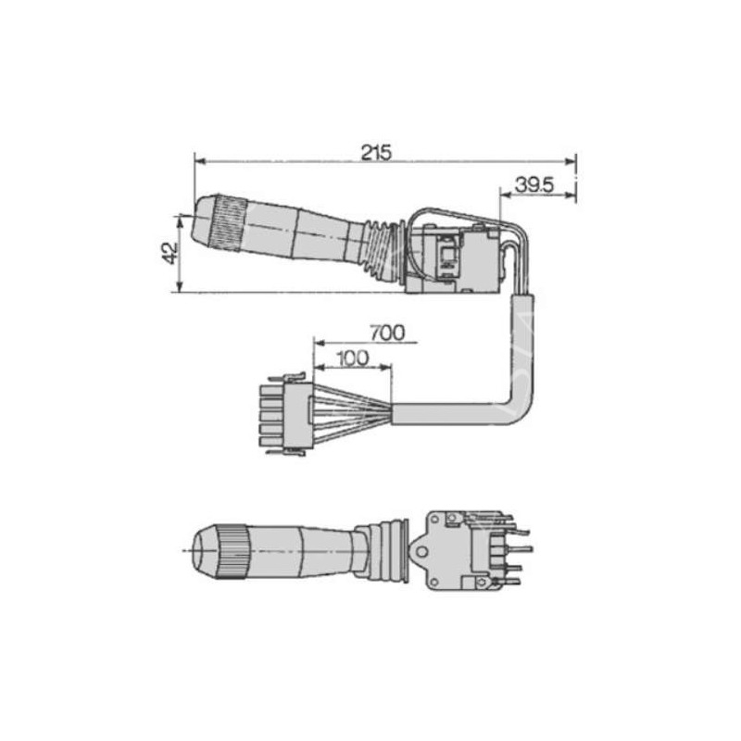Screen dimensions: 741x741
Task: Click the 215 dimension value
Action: [x=377, y=152]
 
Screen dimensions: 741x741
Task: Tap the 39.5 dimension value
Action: [x=534, y=184]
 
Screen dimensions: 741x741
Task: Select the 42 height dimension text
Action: [x=170, y=253]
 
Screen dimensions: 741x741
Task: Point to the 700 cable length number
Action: [x=387, y=333]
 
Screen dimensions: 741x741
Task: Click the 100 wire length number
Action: [x=354, y=358]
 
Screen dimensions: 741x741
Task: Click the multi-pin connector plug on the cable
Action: [x=286, y=415]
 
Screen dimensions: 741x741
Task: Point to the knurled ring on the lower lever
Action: [x=232, y=551]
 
